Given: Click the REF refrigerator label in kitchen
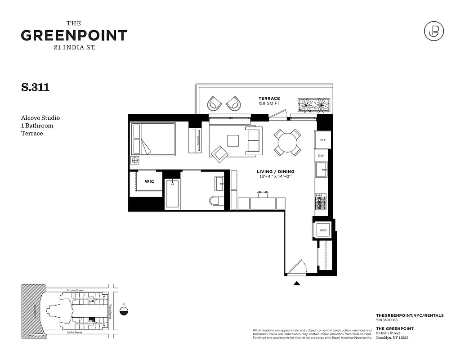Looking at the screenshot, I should tap(322, 140).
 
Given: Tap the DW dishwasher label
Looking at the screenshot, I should tap(321, 156).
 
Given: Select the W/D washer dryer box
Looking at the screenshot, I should tap(323, 230).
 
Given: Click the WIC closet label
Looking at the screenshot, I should tap(149, 181).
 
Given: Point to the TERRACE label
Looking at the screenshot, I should tap(269, 99).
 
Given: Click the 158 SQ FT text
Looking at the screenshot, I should tap(269, 104).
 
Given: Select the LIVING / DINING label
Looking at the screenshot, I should tap(275, 171).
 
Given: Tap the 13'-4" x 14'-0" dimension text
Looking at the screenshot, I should tap(275, 177).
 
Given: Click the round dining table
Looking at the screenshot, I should tap(286, 143).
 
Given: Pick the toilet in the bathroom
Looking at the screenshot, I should tap(215, 200).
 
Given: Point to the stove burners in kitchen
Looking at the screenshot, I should tap(320, 202).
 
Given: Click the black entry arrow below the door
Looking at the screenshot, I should tap(296, 283).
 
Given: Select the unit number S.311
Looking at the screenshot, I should tap(35, 87).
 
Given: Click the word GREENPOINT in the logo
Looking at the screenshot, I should tap(74, 36).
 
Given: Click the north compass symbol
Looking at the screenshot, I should tap(124, 311).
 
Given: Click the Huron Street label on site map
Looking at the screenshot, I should tap(75, 290).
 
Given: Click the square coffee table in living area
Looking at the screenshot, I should tap(233, 141).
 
